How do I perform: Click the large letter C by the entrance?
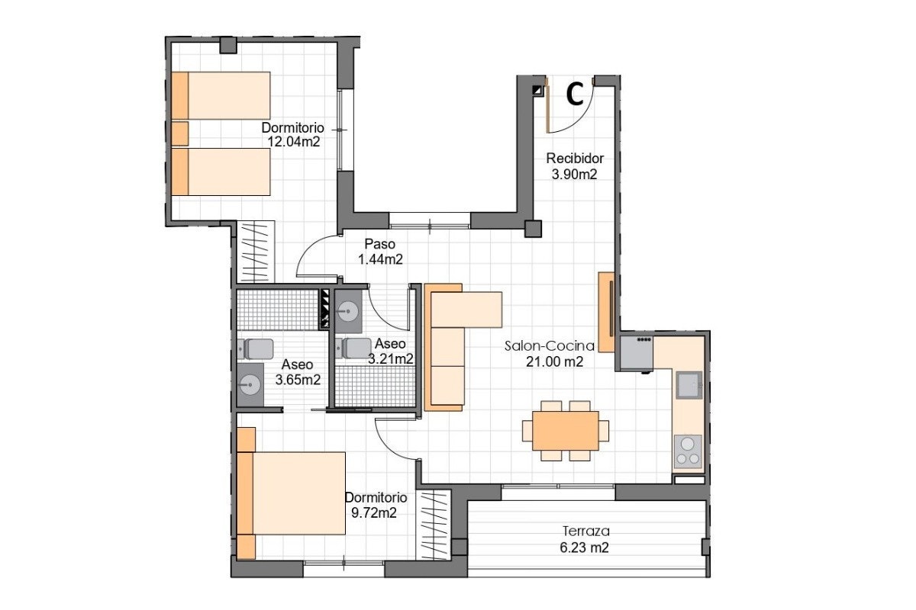575,95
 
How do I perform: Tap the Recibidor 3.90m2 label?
575,166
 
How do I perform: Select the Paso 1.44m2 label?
380,252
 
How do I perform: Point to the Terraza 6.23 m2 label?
585,539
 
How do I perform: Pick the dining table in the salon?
566,431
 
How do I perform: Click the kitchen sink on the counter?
689,385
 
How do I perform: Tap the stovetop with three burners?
688,451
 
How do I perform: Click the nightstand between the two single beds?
180,133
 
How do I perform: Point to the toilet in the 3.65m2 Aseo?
255,349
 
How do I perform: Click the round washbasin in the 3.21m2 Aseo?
348,311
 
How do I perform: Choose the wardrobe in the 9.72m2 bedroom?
434,525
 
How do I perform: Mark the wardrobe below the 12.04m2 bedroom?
256,252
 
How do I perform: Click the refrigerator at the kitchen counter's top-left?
637,353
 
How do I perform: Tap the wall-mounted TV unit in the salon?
606,312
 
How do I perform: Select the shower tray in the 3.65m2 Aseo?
278,310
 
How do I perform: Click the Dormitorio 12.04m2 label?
293,134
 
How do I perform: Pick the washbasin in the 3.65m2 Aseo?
250,384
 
